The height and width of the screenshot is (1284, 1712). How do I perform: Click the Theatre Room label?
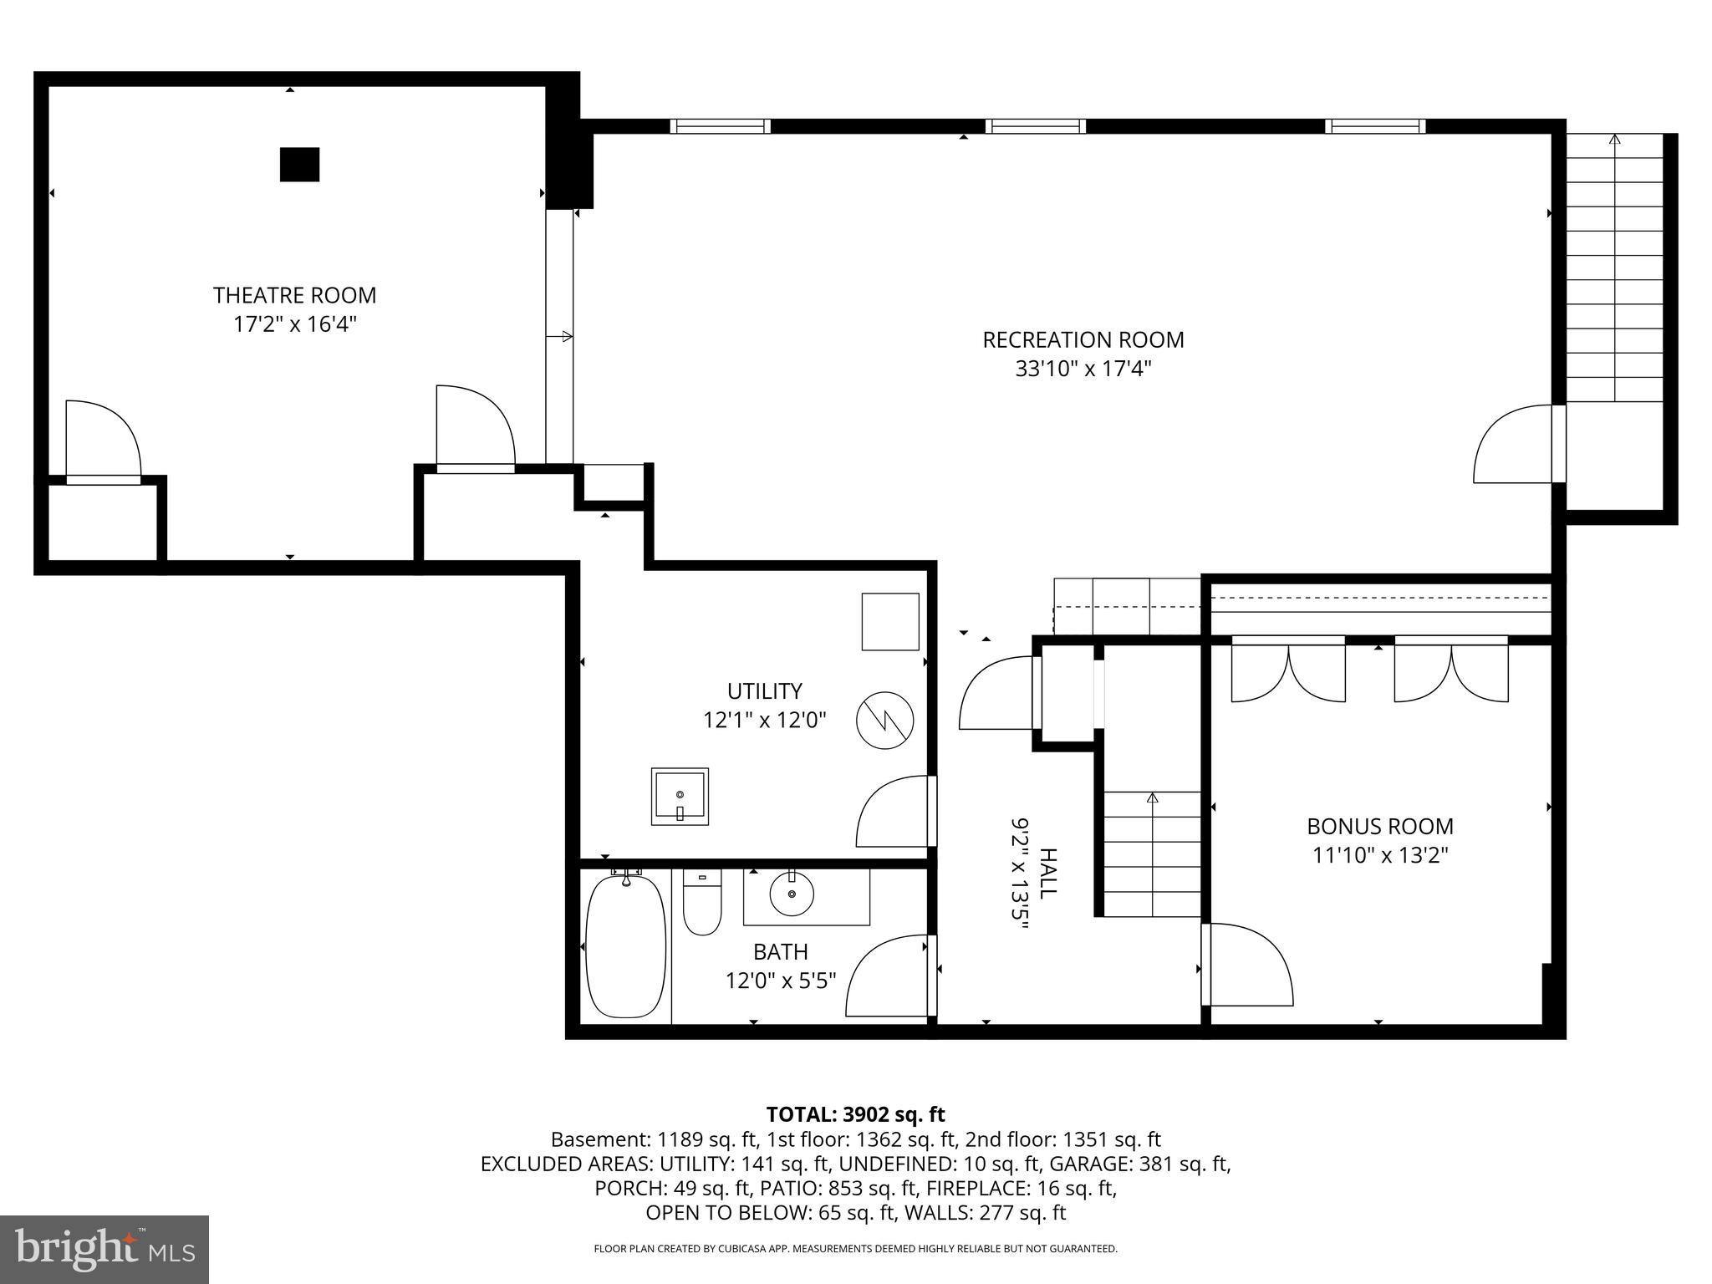tap(294, 295)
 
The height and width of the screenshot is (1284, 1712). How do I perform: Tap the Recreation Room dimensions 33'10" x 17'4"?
tap(1083, 369)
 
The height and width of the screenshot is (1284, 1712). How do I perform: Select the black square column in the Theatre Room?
tap(299, 165)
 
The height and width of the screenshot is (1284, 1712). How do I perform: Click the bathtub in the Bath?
tap(626, 946)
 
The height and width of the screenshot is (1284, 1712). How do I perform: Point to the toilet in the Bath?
tap(702, 904)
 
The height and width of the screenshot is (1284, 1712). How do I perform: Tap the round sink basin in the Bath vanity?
tap(791, 898)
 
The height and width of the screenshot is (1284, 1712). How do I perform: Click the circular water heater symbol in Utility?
tap(885, 721)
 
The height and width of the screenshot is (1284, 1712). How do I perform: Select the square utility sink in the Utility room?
tap(680, 796)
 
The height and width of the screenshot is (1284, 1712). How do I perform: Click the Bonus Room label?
tap(1380, 827)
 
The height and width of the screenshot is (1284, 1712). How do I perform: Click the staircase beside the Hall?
tap(1153, 854)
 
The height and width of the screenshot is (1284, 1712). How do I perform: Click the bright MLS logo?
tap(104, 1249)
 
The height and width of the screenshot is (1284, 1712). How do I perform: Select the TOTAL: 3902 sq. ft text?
tap(855, 1114)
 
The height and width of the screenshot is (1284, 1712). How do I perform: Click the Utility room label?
tap(764, 691)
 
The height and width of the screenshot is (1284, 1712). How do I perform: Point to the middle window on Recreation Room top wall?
tap(1035, 126)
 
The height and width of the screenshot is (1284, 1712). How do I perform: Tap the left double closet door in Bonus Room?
tap(1288, 671)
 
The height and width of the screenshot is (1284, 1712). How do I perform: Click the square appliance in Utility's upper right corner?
tap(890, 621)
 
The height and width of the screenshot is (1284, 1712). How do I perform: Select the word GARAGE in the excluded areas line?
tap(1083, 1164)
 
